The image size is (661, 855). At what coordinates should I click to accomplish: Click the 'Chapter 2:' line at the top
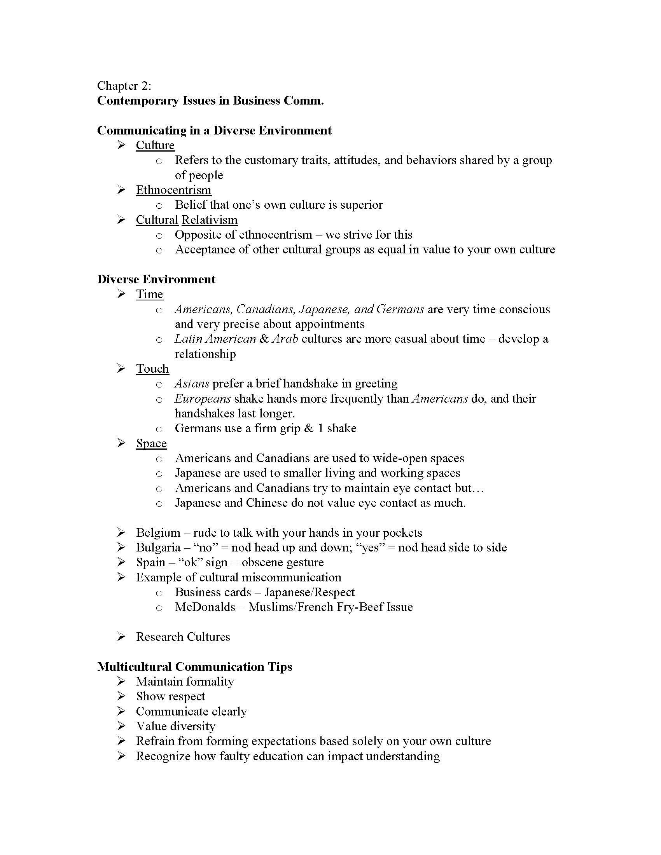click(124, 86)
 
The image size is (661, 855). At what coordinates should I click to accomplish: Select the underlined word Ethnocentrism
click(173, 190)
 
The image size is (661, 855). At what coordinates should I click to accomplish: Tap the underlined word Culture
click(155, 145)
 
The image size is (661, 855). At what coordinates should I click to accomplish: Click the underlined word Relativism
click(210, 220)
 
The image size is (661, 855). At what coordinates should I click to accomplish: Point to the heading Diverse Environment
click(156, 279)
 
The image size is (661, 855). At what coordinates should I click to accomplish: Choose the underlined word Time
click(149, 294)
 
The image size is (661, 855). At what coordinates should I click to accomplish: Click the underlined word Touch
click(152, 369)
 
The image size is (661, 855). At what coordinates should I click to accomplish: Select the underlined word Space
click(151, 443)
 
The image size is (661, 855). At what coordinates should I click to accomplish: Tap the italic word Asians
click(191, 383)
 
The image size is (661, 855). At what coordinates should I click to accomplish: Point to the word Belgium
click(158, 533)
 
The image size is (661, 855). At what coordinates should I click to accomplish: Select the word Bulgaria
click(158, 548)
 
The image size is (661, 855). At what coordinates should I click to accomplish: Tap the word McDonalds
click(205, 607)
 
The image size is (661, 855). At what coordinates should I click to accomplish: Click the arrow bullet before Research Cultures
click(121, 637)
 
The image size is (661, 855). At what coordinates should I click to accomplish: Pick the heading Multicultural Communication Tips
click(195, 667)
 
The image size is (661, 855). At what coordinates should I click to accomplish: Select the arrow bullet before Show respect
click(121, 696)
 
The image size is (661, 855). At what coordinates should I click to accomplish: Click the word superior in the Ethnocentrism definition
click(362, 205)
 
